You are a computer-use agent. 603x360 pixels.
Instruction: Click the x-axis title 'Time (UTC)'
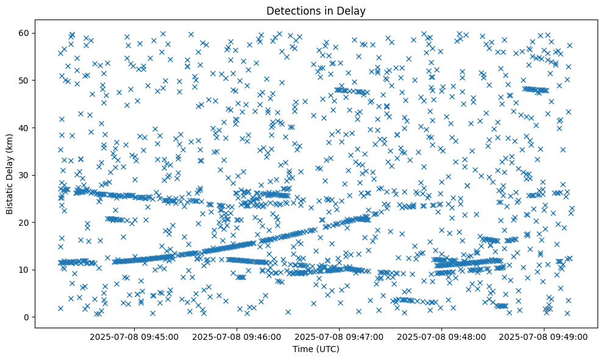click(x=316, y=349)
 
